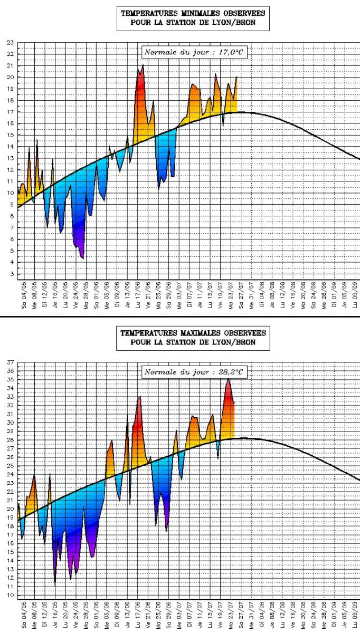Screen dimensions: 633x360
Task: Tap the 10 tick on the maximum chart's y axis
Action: click(x=10, y=595)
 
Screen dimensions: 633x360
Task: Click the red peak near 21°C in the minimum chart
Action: click(x=143, y=65)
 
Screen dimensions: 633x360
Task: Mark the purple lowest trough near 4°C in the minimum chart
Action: click(x=82, y=258)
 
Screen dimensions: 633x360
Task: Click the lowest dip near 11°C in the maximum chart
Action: click(x=55, y=582)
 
